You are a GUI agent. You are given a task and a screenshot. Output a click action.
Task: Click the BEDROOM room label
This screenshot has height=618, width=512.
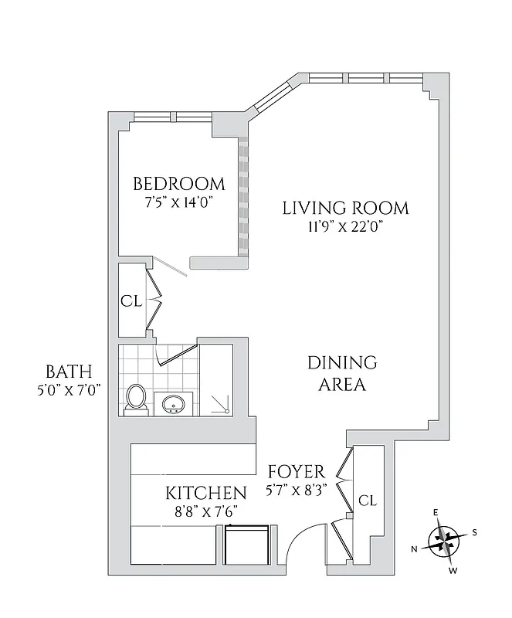179,184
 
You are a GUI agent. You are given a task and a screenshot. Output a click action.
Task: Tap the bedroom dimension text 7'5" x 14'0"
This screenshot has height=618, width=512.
179,202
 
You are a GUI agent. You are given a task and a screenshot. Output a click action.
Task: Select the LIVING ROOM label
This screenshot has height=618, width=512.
344,208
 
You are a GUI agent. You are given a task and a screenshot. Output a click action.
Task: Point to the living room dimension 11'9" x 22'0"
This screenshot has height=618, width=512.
344,226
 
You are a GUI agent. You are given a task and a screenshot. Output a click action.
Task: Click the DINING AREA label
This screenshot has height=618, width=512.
342,373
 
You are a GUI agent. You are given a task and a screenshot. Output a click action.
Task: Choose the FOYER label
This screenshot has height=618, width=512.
296,472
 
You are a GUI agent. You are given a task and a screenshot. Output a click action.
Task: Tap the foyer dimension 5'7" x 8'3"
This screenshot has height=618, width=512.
296,490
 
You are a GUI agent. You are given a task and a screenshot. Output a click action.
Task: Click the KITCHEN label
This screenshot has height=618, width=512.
206,493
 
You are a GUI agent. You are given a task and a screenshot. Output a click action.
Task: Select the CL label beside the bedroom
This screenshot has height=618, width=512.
131,301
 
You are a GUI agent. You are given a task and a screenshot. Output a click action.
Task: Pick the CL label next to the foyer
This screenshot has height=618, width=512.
368,501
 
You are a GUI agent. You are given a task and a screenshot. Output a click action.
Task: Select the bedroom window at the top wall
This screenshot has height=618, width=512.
172,117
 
